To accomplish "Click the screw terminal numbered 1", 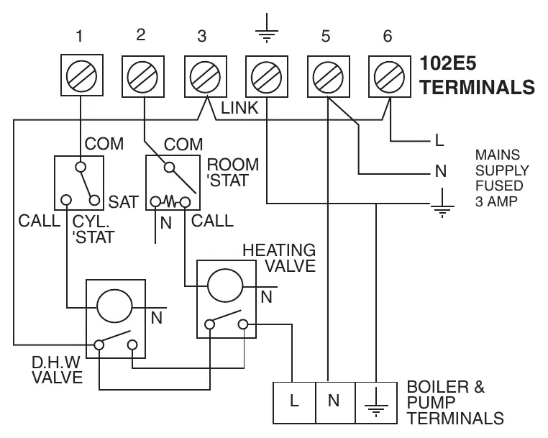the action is click(82, 75).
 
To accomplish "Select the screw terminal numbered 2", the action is click(143, 76).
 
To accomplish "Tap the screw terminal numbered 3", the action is click(206, 76).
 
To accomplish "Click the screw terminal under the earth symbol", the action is click(267, 76).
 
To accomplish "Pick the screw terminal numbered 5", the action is click(329, 76).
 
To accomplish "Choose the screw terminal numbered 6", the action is click(390, 76).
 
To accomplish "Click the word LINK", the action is click(239, 108).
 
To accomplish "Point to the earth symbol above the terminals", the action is click(267, 28).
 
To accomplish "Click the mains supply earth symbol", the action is click(442, 203).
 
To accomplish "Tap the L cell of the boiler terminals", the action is click(294, 403).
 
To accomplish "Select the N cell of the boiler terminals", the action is click(336, 403).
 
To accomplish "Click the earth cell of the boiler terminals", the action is click(376, 403).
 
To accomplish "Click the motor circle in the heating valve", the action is click(225, 286).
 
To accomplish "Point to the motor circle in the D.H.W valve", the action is click(114, 306).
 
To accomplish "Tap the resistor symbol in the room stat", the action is click(170, 201).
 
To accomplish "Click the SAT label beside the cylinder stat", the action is click(124, 202).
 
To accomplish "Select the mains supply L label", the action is click(439, 140).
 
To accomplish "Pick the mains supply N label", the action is click(441, 171).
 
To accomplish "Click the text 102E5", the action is click(448, 63).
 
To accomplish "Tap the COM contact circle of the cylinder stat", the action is click(81, 167).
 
